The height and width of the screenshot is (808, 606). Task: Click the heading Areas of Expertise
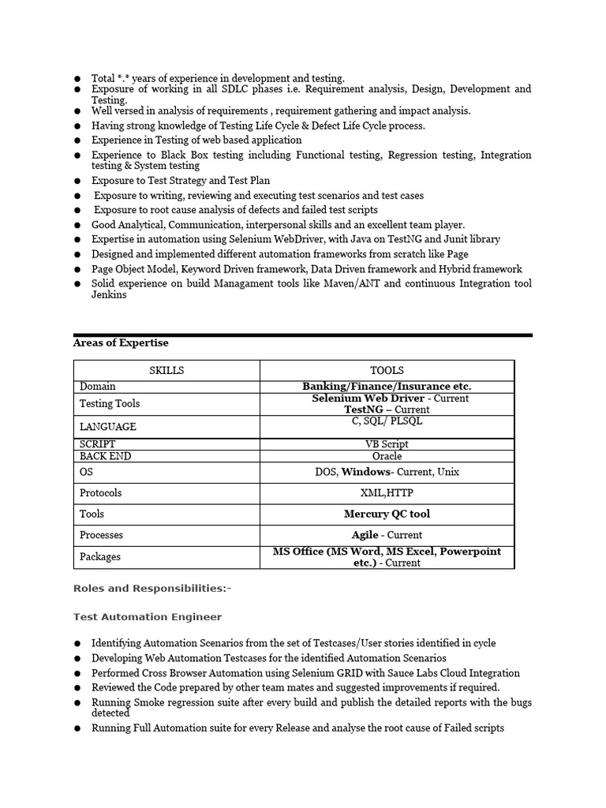point(120,343)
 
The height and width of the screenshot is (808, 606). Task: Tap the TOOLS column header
point(387,370)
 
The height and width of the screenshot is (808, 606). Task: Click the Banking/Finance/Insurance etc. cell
point(387,387)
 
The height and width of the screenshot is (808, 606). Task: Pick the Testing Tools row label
point(110,403)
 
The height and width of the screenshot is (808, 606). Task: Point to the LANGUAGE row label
point(108,427)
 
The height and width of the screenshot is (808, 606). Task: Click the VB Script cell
point(387,444)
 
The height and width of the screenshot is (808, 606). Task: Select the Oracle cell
point(387,456)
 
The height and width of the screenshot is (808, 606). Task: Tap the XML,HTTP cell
point(387,492)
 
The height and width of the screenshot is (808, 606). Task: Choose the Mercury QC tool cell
point(387,514)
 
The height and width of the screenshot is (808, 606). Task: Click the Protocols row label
point(101,492)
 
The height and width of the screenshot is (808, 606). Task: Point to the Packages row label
point(100,556)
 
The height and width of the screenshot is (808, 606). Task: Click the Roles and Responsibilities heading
point(152,589)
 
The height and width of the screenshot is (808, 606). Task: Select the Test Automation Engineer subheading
point(148,617)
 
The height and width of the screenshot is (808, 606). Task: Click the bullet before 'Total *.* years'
point(77,79)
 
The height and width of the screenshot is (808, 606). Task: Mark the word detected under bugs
point(110,713)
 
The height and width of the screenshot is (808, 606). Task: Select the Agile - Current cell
point(387,535)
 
